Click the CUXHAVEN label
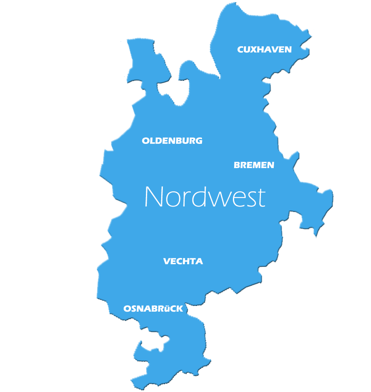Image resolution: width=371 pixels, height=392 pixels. [x=264, y=49]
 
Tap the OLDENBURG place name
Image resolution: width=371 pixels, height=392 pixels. [x=172, y=141]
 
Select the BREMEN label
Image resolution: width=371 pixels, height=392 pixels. [x=254, y=165]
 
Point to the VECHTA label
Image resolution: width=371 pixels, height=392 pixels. [x=183, y=261]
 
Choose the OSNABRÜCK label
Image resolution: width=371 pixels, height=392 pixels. [x=153, y=309]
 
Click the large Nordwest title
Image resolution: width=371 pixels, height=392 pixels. [x=205, y=197]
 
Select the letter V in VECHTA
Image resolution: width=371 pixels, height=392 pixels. [x=167, y=261]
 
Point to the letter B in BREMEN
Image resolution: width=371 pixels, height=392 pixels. [x=237, y=165]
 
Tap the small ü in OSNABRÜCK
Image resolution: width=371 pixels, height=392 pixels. [x=168, y=309]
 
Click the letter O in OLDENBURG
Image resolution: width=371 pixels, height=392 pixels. [x=146, y=141]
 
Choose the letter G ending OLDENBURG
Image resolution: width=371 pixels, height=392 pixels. [x=199, y=141]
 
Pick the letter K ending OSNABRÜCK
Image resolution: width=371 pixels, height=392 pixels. [x=180, y=309]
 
